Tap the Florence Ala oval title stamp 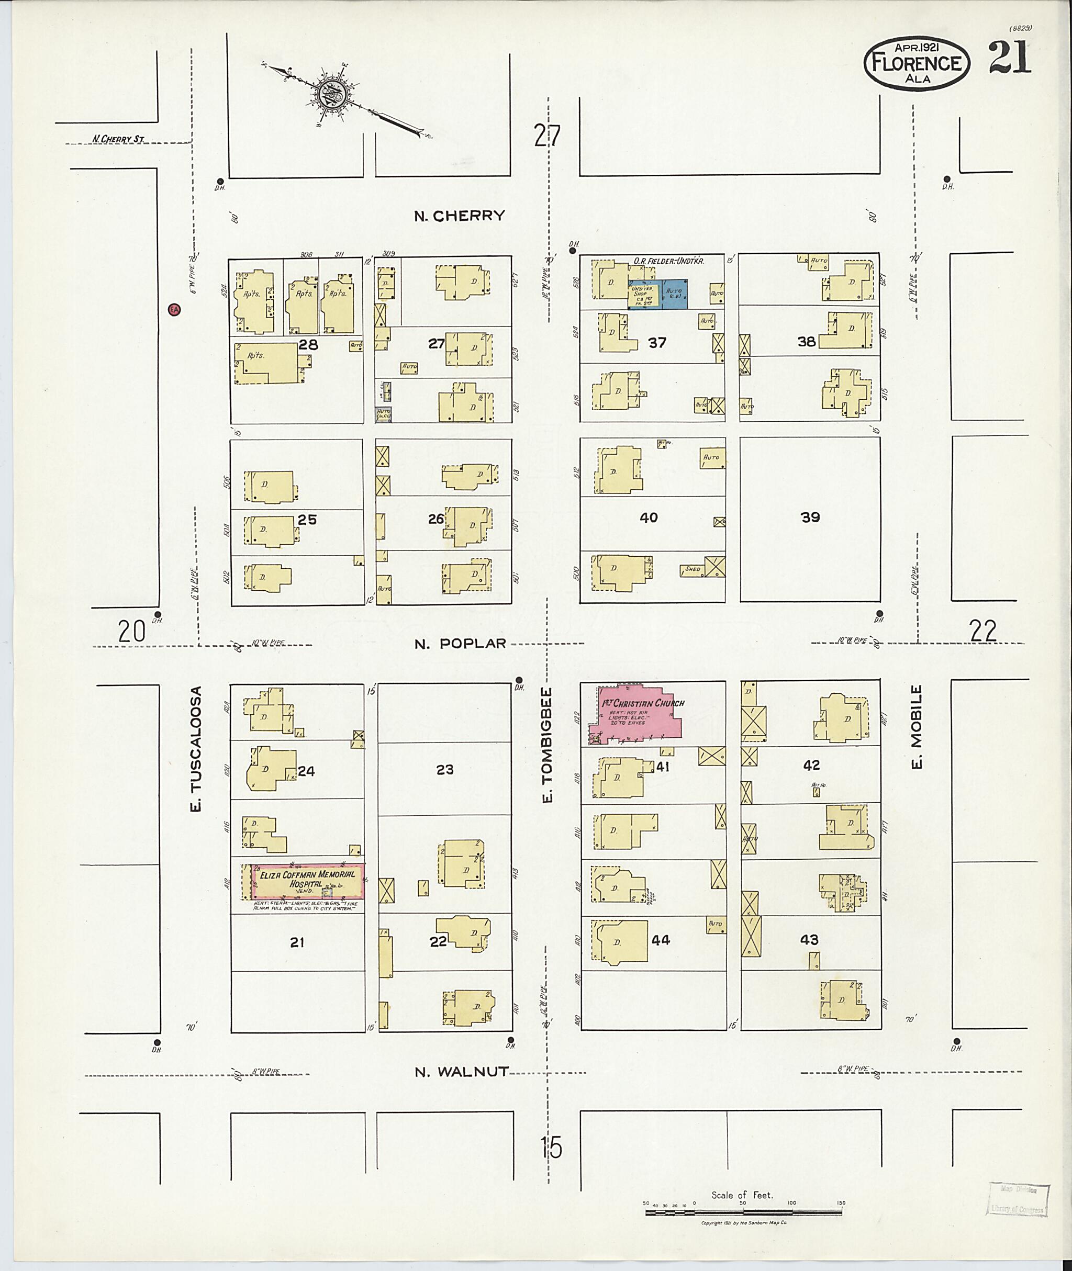pyautogui.click(x=917, y=65)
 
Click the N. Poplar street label pyautogui.click(x=460, y=644)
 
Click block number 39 pyautogui.click(x=810, y=517)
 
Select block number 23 pyautogui.click(x=445, y=770)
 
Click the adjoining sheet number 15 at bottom pyautogui.click(x=551, y=1148)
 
